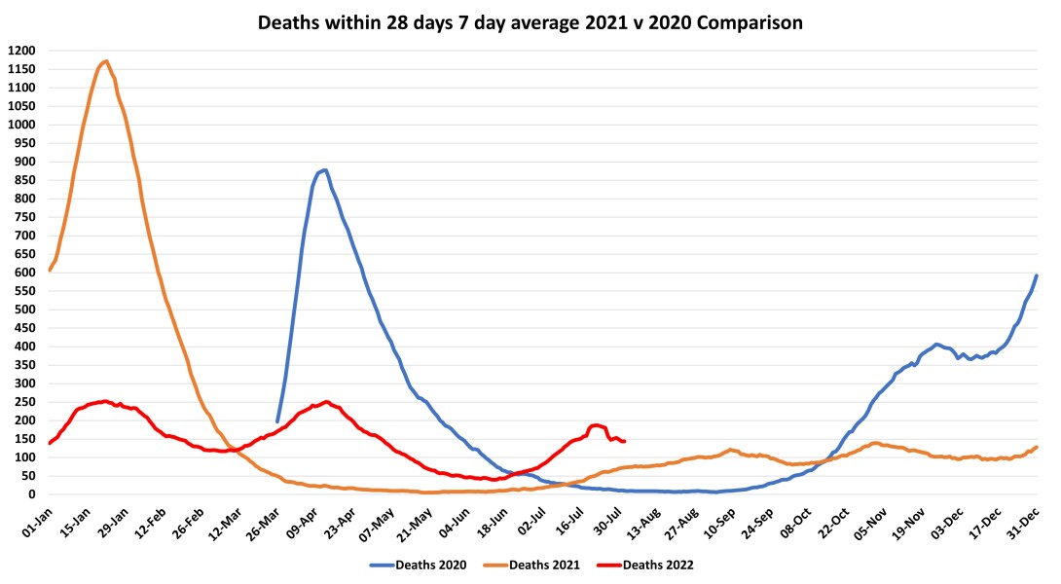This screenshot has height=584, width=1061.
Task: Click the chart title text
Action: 530,22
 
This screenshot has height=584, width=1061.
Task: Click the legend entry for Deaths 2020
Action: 430,564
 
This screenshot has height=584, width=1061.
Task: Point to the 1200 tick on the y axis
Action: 21,51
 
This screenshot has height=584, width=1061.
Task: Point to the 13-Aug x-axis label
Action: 641,518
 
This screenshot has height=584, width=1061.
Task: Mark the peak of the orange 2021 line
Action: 105,61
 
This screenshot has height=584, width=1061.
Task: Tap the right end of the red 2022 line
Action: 624,441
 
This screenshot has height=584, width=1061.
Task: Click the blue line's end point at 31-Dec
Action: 1037,275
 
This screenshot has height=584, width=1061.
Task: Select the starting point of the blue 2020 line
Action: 277,421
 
